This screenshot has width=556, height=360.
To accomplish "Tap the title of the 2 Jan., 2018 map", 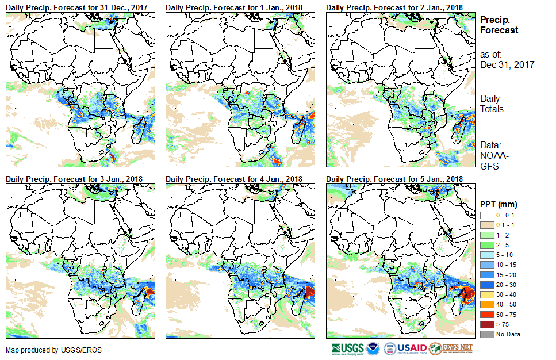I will [x=394, y=7].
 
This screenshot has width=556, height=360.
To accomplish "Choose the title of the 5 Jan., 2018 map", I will [x=394, y=179].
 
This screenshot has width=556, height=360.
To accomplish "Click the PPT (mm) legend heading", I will [x=499, y=204].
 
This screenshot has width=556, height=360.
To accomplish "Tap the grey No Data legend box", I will [x=486, y=334].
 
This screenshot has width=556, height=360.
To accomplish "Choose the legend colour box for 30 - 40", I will [x=486, y=294].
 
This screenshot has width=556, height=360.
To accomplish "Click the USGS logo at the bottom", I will [x=347, y=348].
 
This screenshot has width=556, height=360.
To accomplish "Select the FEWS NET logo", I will [x=451, y=348].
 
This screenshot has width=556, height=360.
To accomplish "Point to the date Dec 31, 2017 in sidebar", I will [x=507, y=64].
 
